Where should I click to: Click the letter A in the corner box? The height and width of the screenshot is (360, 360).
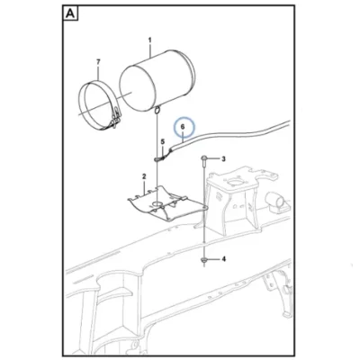[x=70, y=13]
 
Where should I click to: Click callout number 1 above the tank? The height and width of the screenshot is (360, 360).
[x=150, y=40]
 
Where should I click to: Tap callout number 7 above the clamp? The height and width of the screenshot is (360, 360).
[x=98, y=62]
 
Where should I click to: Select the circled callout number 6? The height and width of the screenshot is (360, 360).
[x=184, y=127]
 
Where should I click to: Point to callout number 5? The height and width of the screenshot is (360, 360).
[x=163, y=141]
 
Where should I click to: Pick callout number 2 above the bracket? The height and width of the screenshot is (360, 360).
[x=144, y=176]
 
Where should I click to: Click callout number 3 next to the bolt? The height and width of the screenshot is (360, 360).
[x=223, y=158]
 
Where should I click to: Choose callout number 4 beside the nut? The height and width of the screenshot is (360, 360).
[x=223, y=259]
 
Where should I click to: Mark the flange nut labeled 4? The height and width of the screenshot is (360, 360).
[x=204, y=260]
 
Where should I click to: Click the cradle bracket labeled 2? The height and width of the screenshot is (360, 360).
[x=166, y=204]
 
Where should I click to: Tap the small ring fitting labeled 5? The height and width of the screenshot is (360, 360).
[x=158, y=158]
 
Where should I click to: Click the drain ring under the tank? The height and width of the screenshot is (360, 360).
[x=157, y=110]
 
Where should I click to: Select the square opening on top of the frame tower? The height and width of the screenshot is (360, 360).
[x=234, y=181]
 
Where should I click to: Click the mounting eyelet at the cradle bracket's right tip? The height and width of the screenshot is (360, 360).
[x=204, y=208]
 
